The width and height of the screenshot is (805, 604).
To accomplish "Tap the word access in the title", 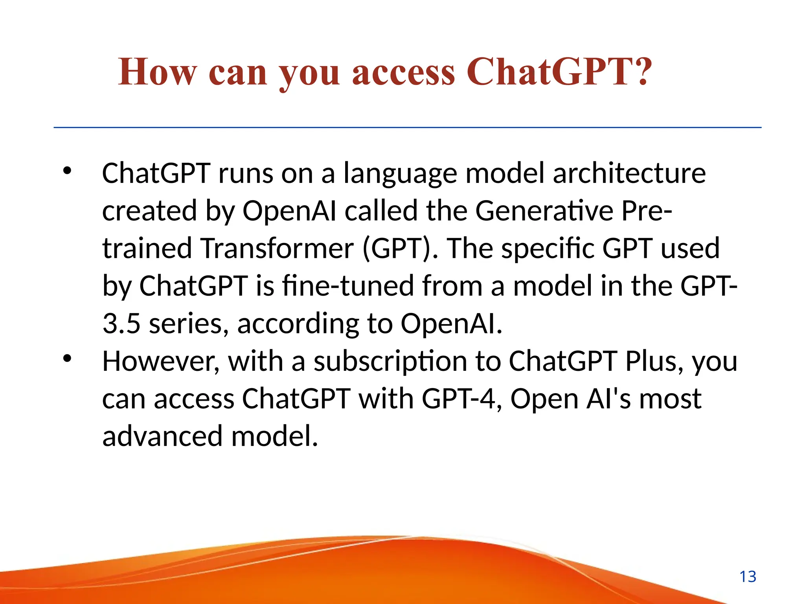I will point(403,73).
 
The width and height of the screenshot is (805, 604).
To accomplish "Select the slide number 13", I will point(748,577).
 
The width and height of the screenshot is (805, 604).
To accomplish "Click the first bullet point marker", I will point(67,170).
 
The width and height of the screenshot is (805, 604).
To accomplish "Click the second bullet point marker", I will point(67,358).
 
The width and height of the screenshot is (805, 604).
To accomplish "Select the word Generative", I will point(544,211).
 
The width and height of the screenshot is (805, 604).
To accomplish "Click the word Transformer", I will point(277,249).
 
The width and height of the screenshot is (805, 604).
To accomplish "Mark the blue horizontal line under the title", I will point(407,127).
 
